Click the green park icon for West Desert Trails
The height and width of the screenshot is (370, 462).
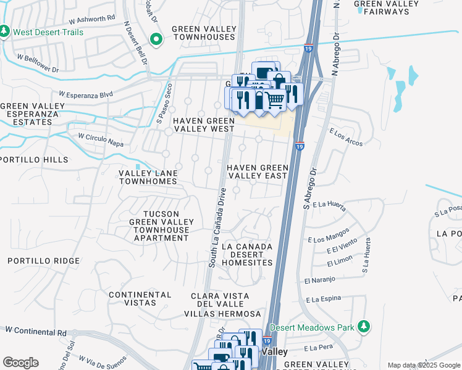coord(5,30)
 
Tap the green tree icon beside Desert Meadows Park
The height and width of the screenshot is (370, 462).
coord(364,326)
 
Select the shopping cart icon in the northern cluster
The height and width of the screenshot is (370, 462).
coord(276,99)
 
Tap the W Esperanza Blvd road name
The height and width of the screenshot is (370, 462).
coord(86,95)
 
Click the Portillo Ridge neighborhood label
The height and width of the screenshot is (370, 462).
coord(43,261)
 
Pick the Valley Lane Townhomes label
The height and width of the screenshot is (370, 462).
coord(148,178)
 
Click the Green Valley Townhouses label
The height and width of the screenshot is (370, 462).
coord(203,33)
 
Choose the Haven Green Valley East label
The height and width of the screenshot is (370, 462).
coord(257,171)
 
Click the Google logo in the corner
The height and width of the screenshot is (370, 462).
coord(20,363)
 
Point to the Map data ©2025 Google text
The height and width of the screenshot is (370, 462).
coord(423,365)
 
